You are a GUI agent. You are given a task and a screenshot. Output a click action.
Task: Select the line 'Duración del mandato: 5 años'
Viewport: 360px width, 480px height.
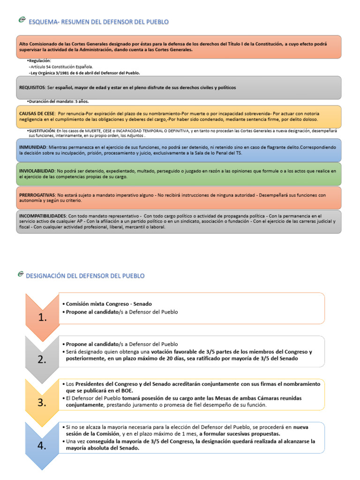(x=59, y=101)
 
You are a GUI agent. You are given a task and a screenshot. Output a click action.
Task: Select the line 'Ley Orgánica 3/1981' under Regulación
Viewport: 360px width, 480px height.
(x=84, y=73)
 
